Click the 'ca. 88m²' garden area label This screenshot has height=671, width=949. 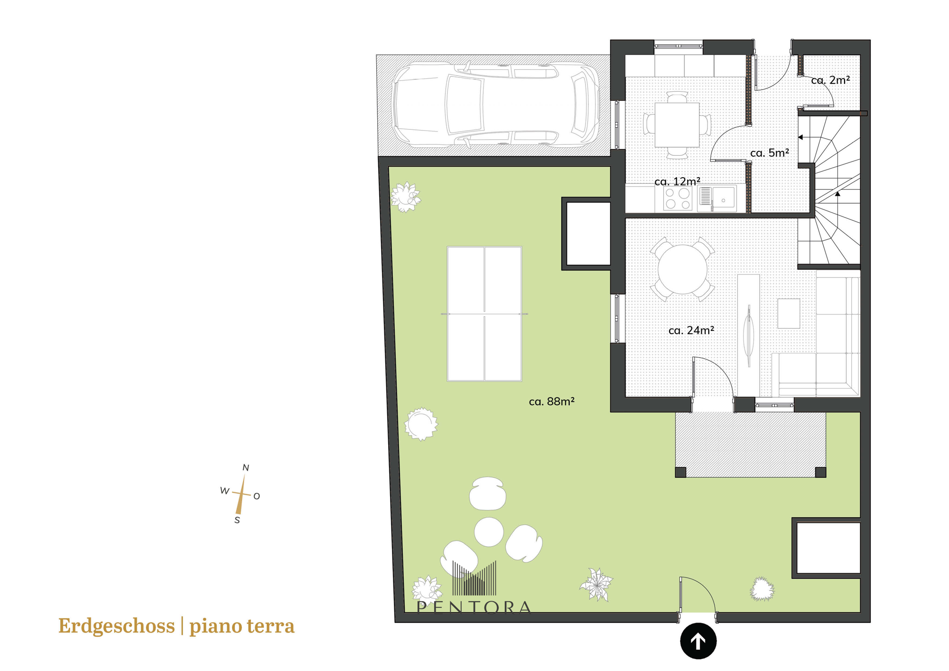551,401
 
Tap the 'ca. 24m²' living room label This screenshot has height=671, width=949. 691,330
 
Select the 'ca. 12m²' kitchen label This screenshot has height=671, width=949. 677,181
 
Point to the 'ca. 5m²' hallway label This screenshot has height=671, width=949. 770,152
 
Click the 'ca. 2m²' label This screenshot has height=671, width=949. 830,80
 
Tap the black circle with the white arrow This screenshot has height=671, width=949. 698,641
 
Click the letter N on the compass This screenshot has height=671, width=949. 246,467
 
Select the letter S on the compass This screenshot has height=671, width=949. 237,520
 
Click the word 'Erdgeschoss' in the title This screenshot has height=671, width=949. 116,626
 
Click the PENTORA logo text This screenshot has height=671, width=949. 474,607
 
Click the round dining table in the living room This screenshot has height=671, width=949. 682,269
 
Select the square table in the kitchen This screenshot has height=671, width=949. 677,124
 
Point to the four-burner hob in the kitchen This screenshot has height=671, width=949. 677,198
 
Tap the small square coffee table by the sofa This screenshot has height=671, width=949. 789,313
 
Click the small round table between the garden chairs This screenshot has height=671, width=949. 489,532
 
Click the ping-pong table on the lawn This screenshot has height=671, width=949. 484,314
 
